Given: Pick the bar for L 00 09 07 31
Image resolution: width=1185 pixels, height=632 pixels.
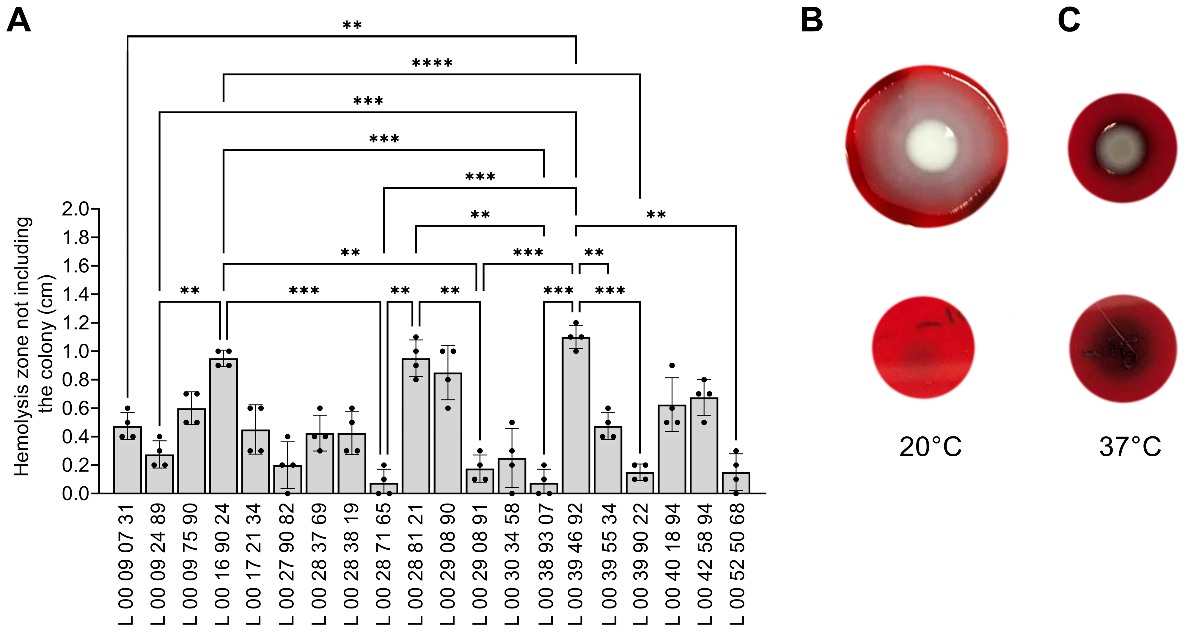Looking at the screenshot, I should [x=128, y=460].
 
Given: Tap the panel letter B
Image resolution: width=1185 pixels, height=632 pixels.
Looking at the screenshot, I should [x=812, y=21].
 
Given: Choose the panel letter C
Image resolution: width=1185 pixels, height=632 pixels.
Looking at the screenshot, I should [x=1069, y=21].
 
